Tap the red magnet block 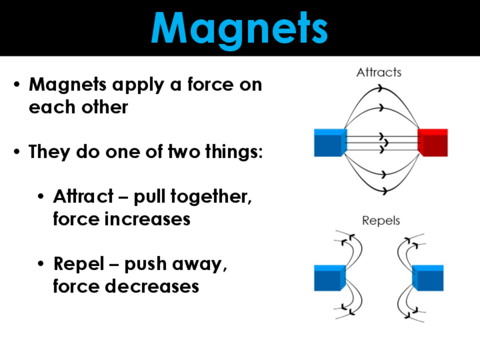[433, 143]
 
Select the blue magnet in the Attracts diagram [330, 143]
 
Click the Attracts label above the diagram [379, 72]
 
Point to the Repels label [381, 220]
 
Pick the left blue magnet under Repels [329, 278]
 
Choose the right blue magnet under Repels [428, 278]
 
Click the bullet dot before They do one [18, 152]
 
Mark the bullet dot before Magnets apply [18, 85]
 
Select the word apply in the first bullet [137, 85]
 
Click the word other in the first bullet [104, 107]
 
